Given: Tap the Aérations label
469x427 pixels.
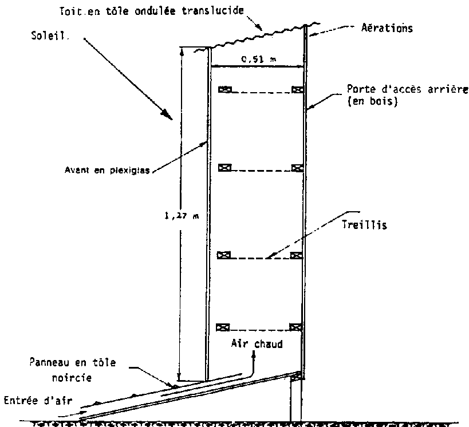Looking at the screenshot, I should click(388, 27).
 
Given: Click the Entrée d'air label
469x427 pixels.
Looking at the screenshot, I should click(37, 400).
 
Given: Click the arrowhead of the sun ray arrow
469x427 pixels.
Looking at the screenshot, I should click(168, 116).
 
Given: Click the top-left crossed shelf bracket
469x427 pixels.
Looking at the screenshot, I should click(224, 89).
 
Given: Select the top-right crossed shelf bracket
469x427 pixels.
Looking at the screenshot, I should click(297, 89).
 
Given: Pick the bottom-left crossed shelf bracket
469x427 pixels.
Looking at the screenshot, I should click(224, 327).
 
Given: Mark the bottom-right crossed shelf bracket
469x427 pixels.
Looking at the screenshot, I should click(295, 327).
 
